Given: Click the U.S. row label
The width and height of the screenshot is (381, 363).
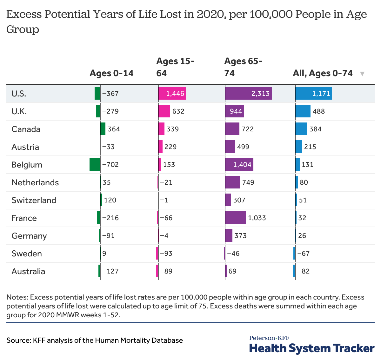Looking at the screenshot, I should [x=19, y=94].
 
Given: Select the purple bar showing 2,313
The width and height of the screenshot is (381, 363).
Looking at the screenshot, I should [x=248, y=93].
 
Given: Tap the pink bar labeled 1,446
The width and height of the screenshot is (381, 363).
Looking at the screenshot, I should [x=172, y=93].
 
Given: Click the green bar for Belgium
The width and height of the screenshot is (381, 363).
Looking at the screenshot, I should [x=95, y=164].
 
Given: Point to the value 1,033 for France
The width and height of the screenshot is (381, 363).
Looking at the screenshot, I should [x=257, y=218].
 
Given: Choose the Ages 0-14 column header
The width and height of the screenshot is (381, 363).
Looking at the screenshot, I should [x=111, y=73].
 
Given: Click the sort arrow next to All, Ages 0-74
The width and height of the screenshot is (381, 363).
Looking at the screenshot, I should [x=362, y=74].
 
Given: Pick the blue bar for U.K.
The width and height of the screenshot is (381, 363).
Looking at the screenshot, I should [x=303, y=111].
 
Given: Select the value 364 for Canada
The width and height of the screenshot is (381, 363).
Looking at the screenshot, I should [x=114, y=129].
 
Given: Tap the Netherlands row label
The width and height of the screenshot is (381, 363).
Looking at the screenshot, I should [x=35, y=182].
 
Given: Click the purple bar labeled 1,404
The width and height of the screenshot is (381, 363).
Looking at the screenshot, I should [x=239, y=164].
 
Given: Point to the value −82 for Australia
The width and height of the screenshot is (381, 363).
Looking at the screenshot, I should [x=303, y=271].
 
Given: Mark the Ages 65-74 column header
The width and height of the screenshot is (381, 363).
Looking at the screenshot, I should [x=243, y=67].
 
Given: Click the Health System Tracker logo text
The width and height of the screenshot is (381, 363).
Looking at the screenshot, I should [x=312, y=348].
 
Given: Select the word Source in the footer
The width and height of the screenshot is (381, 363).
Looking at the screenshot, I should [x=18, y=340].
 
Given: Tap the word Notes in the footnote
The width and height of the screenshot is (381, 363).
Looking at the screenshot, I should [x=17, y=297].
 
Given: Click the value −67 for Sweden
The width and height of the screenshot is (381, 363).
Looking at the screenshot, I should [x=303, y=254].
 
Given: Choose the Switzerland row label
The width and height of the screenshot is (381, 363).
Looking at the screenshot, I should [x=34, y=200].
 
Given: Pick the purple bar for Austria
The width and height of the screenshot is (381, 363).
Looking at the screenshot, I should [x=230, y=147].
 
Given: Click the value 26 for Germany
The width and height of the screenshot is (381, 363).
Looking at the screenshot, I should [x=302, y=236].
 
